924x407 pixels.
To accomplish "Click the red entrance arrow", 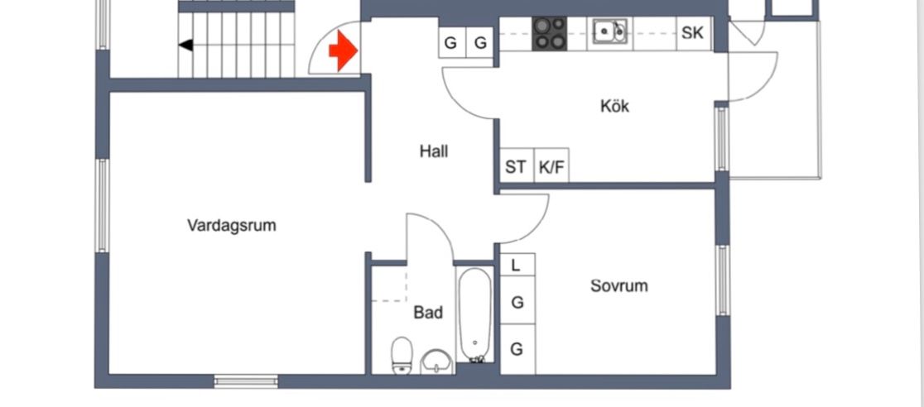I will click(343, 51).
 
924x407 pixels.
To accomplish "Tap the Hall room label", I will click(434, 151).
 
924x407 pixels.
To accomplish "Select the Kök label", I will click(614, 106).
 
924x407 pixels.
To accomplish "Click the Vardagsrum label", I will click(232, 225).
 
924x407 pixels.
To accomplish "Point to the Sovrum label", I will click(618, 286).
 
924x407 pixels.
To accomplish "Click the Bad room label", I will click(428, 313).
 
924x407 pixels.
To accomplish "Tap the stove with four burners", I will click(549, 34).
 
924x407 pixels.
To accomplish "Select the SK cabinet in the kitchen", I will click(692, 34).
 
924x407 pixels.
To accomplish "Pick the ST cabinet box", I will click(516, 167).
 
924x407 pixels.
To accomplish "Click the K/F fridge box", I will click(551, 167).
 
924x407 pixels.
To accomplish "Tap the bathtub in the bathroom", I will click(475, 314).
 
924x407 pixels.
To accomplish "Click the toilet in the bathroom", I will click(402, 355).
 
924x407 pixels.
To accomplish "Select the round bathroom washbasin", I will click(436, 361).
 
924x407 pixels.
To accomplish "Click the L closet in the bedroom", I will click(516, 266).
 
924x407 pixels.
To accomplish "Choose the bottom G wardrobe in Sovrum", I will click(516, 349).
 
